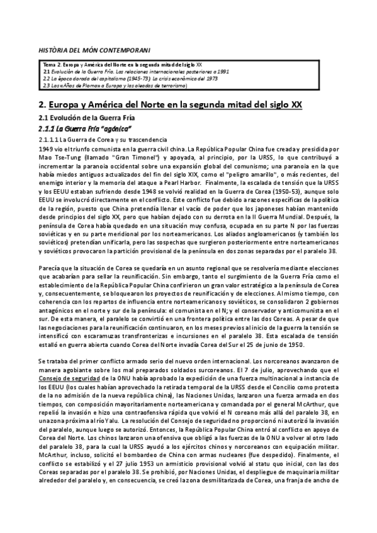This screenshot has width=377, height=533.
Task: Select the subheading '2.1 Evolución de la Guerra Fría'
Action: coord(86,118)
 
